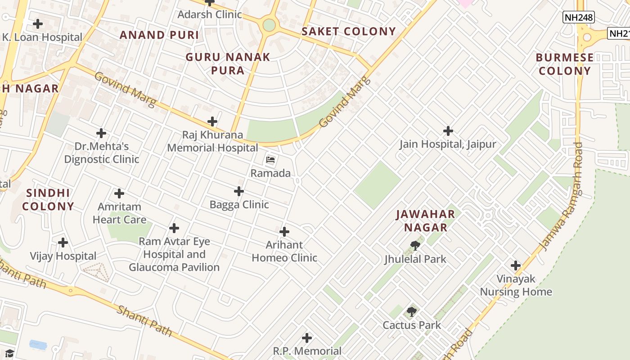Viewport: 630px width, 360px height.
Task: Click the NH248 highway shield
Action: click(579, 18)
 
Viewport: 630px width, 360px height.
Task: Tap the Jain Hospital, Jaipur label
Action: click(448, 144)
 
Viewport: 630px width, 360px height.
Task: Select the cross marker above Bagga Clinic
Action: click(239, 192)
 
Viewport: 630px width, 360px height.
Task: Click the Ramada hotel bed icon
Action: click(270, 160)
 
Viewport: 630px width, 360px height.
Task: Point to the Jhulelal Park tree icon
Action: click(415, 246)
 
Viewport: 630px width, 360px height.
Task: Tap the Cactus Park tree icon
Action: click(411, 312)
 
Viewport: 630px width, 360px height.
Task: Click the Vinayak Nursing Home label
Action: click(516, 285)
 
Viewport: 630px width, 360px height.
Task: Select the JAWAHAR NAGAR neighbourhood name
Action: click(425, 221)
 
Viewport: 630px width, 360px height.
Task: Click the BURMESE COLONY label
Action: click(565, 64)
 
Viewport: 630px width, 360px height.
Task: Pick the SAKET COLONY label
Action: click(349, 31)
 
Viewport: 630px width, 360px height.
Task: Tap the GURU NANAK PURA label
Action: click(228, 63)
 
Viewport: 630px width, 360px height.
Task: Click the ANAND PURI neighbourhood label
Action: click(159, 35)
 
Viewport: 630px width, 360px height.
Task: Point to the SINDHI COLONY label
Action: click(48, 200)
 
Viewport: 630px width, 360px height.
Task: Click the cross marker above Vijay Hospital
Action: click(63, 243)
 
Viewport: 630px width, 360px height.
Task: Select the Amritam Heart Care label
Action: click(119, 213)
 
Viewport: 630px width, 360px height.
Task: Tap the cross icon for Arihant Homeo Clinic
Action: click(284, 232)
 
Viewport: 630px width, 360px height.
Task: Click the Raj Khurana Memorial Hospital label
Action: click(212, 141)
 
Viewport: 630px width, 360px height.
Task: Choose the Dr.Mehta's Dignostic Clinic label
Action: click(102, 153)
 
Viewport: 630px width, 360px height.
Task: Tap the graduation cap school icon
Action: click(9, 353)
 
